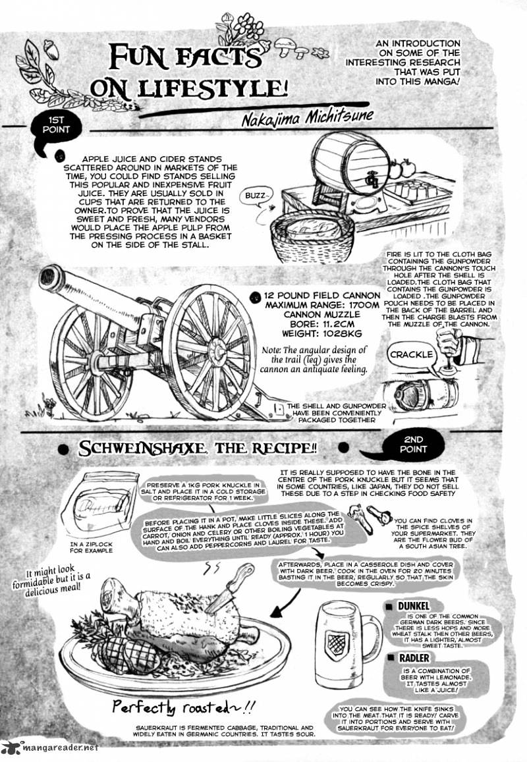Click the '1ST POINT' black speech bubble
pos(56,127)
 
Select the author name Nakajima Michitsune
pos(308,117)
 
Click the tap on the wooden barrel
pos(373,181)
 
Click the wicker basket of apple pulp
pos(312,233)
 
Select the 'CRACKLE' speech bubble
pos(411,355)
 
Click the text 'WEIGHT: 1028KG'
pos(321,334)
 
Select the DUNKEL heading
pos(413,606)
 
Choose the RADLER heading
pos(414,658)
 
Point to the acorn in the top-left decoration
pos(51,50)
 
